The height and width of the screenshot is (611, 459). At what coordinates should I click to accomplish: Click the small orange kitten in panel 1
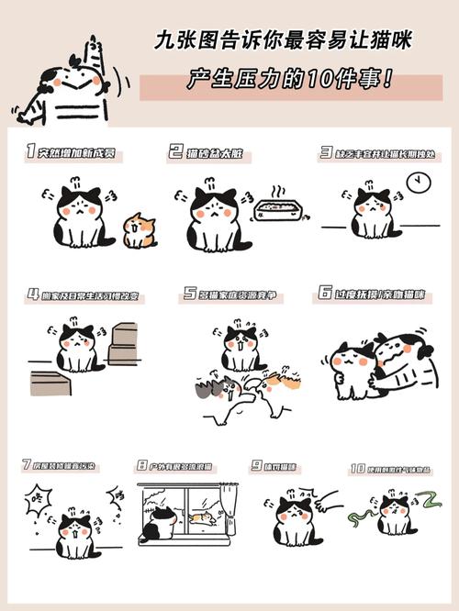(x=140, y=229)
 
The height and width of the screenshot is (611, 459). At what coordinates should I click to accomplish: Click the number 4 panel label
(x=33, y=295)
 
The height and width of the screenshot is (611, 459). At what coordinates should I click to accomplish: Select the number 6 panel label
(x=325, y=294)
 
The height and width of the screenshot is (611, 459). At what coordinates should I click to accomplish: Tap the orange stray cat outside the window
(x=203, y=518)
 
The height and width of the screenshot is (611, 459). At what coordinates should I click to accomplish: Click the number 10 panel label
(x=357, y=468)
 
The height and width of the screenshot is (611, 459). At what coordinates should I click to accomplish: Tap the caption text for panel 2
(x=216, y=152)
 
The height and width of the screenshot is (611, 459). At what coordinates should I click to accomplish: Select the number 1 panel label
(x=31, y=151)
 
